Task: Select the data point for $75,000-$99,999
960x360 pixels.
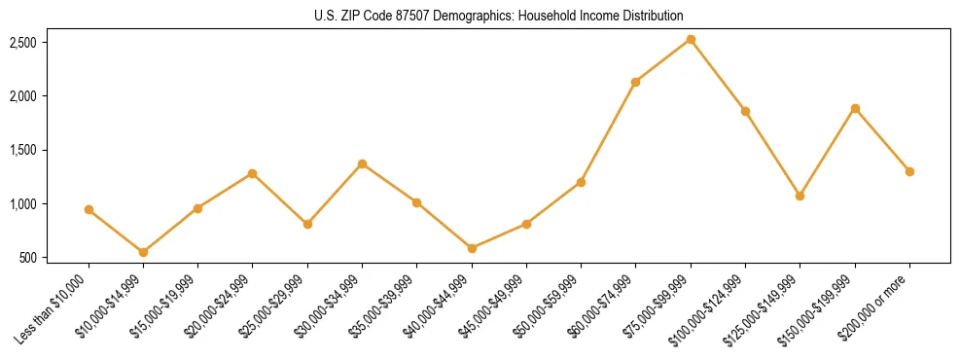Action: (691, 39)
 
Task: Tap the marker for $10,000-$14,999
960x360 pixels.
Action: (143, 252)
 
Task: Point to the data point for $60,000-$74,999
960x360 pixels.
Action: (635, 82)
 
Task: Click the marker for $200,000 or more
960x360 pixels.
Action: (909, 171)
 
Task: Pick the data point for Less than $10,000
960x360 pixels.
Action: (89, 209)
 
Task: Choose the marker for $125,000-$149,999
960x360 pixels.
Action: (800, 196)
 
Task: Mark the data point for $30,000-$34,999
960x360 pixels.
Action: (362, 163)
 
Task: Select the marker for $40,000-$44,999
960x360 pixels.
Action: (472, 248)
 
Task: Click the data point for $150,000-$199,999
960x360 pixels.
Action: (855, 108)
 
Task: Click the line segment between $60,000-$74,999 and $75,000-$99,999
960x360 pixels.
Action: (663, 60)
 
